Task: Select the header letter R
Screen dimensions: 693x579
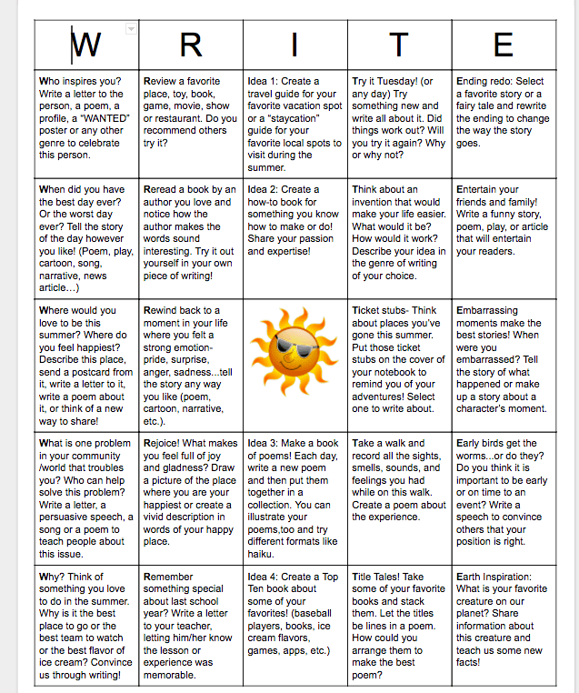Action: click(x=191, y=43)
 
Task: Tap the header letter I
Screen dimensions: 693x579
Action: click(x=294, y=43)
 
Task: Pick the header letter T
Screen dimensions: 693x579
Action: click(x=400, y=43)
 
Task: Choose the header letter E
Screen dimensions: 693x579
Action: click(x=503, y=43)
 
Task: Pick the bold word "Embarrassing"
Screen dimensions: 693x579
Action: click(x=492, y=310)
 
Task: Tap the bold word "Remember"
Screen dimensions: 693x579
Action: click(x=169, y=577)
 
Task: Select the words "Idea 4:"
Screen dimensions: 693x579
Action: click(x=265, y=577)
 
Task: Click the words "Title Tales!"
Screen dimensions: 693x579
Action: click(x=376, y=577)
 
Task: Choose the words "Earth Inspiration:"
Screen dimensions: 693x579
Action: click(x=494, y=577)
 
